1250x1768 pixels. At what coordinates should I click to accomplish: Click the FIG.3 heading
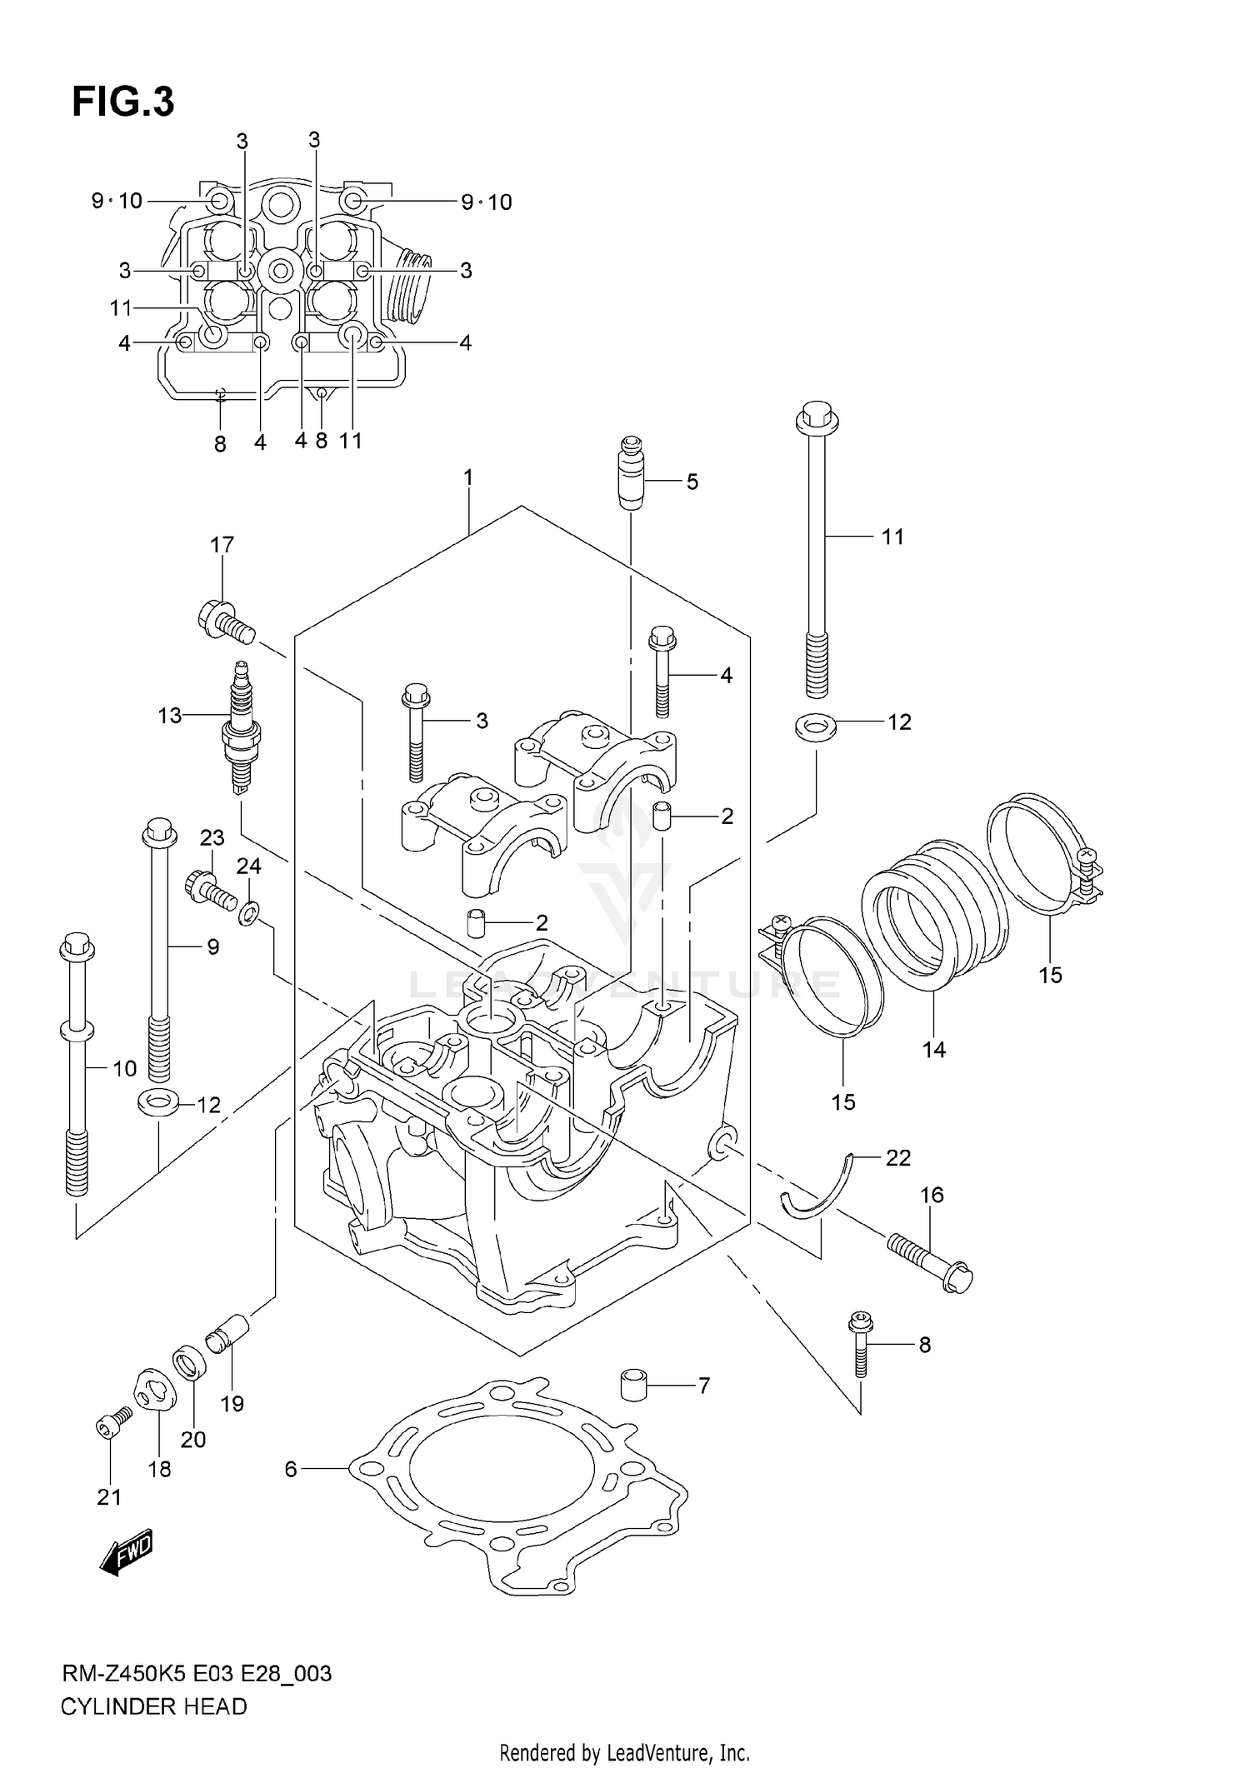pyautogui.click(x=123, y=102)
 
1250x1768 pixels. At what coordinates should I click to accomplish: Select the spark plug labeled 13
pyautogui.click(x=240, y=725)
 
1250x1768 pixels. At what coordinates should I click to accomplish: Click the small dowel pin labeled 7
pyautogui.click(x=634, y=1386)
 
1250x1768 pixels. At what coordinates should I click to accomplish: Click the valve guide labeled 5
pyautogui.click(x=631, y=472)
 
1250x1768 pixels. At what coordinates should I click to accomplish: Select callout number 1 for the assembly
pyautogui.click(x=468, y=477)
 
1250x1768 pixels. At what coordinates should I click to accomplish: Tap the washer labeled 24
pyautogui.click(x=248, y=914)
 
